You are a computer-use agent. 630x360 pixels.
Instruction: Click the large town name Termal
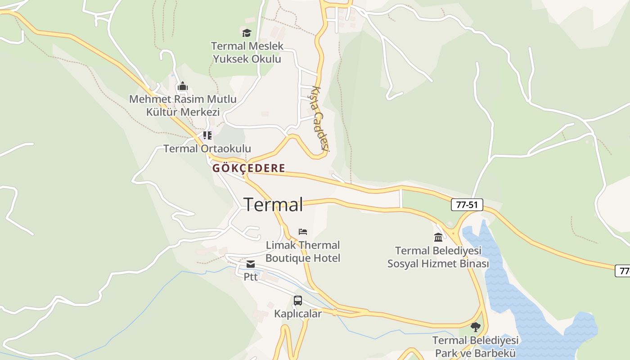point(273,205)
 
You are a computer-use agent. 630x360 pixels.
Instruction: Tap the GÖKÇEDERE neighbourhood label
point(249,168)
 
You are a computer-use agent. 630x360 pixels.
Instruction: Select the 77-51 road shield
point(467,205)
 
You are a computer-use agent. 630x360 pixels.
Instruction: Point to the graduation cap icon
point(247,33)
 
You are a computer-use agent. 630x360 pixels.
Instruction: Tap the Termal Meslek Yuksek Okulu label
point(247,52)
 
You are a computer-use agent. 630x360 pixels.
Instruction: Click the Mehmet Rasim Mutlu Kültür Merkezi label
point(183,105)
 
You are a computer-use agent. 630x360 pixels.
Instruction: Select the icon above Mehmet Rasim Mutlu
point(183,86)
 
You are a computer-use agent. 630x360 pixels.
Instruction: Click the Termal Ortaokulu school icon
point(207,135)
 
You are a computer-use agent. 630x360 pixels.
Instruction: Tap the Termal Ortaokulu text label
point(207,148)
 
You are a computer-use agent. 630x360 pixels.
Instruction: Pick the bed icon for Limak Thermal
point(303,232)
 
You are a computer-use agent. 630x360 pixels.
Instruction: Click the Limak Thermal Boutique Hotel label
point(303,252)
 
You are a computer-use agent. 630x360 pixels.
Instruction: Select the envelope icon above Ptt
point(251,264)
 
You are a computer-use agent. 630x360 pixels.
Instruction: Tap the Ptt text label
point(251,277)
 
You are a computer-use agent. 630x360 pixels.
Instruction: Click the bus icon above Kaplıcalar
point(298,301)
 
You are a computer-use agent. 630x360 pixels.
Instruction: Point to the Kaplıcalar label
point(298,314)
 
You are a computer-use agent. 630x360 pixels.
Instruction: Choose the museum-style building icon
point(438,237)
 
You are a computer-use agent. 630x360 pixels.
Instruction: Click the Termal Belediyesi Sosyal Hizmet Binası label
point(438,257)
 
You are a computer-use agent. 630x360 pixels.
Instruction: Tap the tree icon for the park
point(476,327)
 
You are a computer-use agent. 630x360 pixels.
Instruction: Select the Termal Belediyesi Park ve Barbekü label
point(476,346)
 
